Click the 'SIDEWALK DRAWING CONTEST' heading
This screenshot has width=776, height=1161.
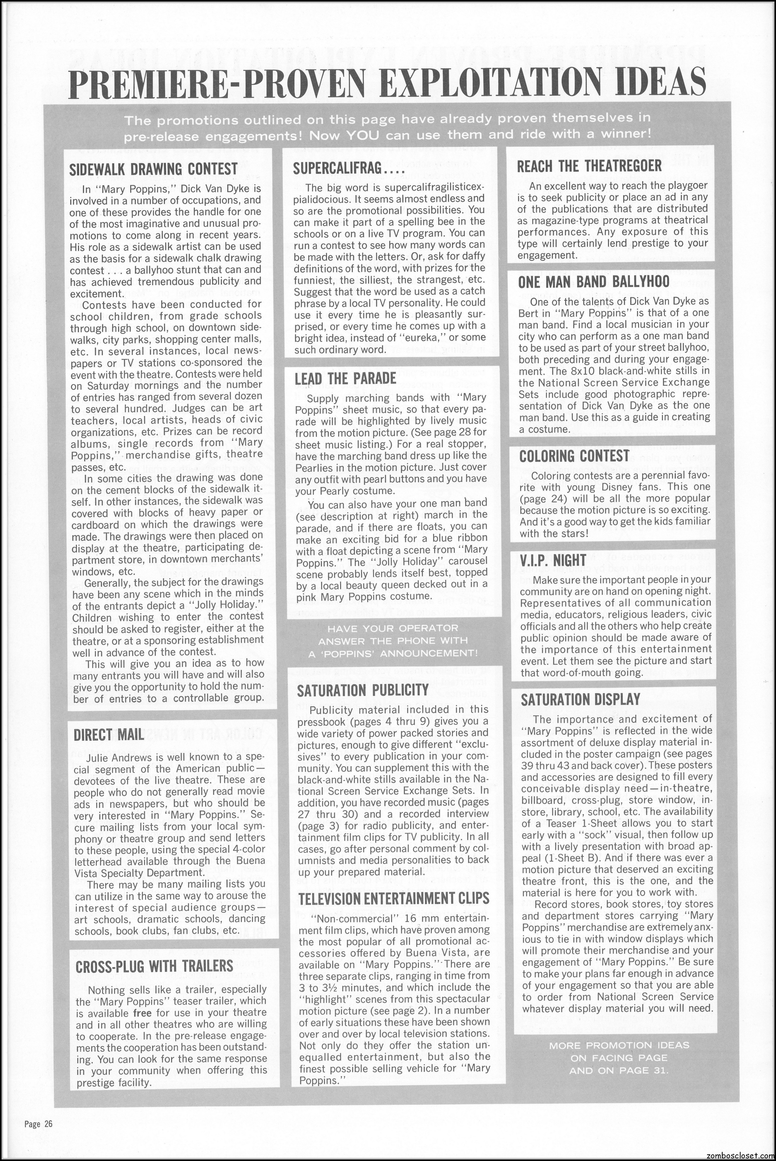(153, 169)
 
